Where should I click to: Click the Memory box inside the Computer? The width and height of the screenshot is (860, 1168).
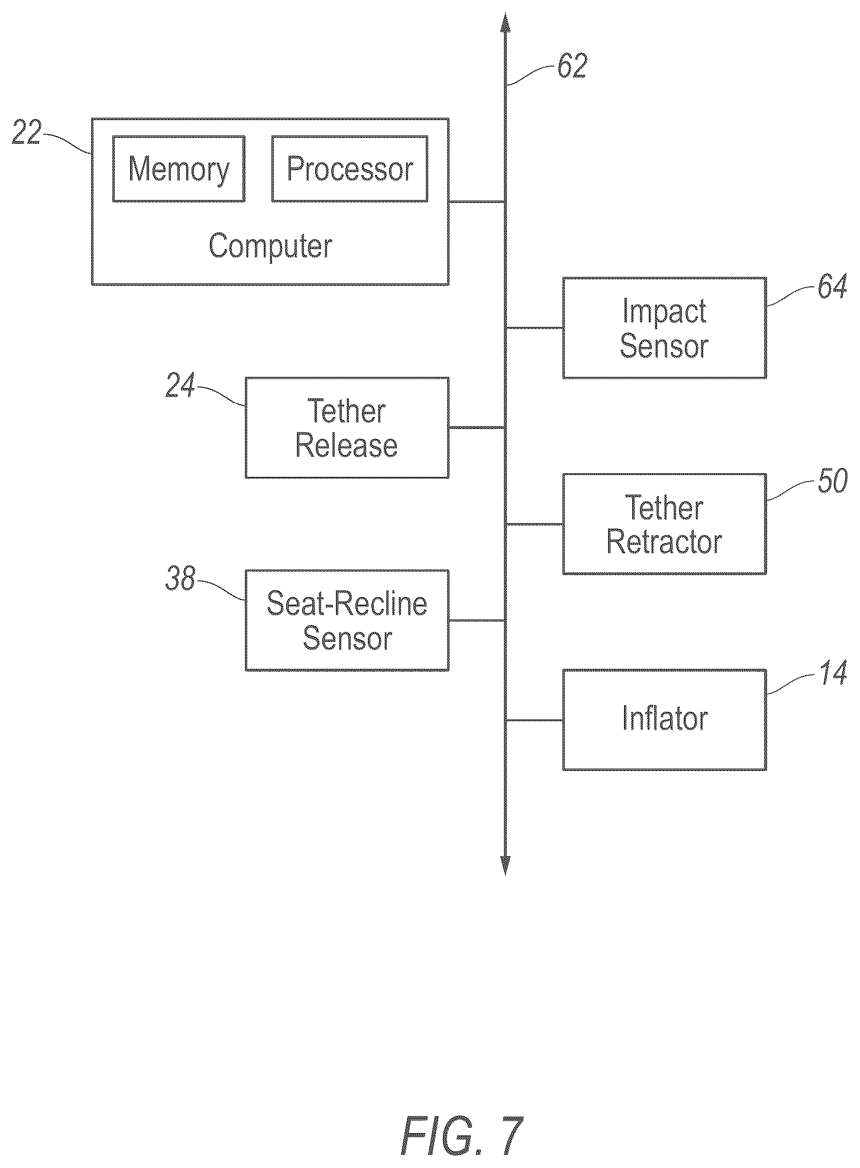pyautogui.click(x=179, y=169)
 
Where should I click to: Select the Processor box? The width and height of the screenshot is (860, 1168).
pyautogui.click(x=350, y=169)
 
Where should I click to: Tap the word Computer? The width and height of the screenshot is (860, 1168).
pyautogui.click(x=270, y=246)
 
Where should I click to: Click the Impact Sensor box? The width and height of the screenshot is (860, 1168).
pyautogui.click(x=664, y=328)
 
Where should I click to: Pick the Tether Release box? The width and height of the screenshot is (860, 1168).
pyautogui.click(x=347, y=428)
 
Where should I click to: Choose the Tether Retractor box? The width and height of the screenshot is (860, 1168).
pyautogui.click(x=664, y=524)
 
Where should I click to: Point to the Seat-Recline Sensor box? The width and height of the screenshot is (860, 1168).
pyautogui.click(x=347, y=621)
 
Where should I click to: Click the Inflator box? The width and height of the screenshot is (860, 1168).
pyautogui.click(x=664, y=720)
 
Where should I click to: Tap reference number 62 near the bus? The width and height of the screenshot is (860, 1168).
pyautogui.click(x=572, y=66)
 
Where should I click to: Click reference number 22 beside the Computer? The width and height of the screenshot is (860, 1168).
pyautogui.click(x=27, y=132)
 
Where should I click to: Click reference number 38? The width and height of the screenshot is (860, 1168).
pyautogui.click(x=180, y=578)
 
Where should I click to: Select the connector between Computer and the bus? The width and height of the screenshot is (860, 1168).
pyautogui.click(x=477, y=202)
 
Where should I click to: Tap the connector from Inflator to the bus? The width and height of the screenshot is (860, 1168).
pyautogui.click(x=534, y=720)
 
